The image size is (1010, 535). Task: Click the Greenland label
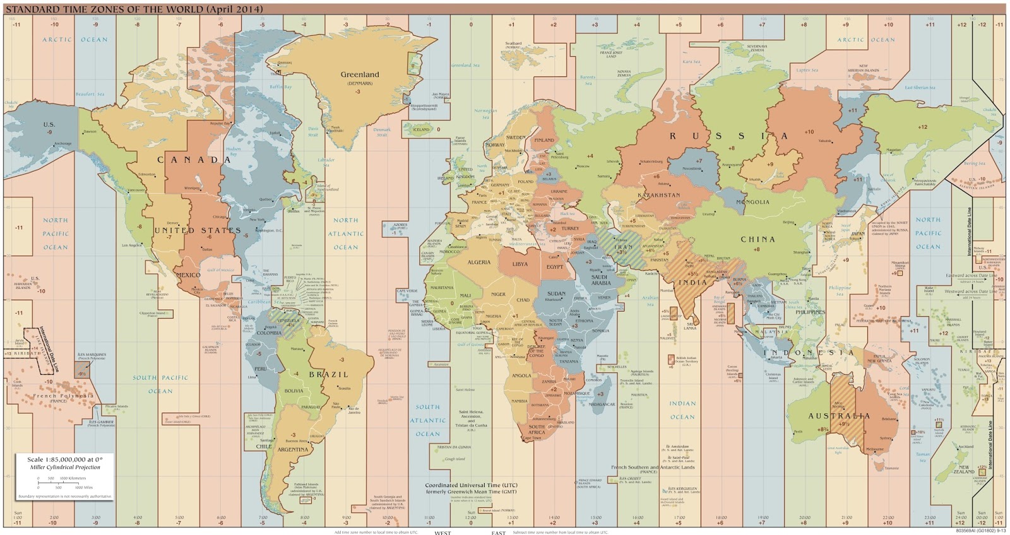coord(360,74)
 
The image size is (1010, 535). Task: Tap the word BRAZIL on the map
coord(328,374)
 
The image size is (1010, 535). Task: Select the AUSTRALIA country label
coord(839,416)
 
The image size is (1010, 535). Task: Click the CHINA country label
coord(757,240)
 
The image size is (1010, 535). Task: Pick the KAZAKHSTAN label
coord(659,196)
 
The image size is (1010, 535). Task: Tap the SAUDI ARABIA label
coord(599,279)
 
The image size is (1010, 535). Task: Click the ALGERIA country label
coord(479,262)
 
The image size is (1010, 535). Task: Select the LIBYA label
coord(520,264)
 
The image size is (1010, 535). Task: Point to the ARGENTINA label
coord(293,450)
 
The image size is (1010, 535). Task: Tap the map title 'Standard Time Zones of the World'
coord(134,9)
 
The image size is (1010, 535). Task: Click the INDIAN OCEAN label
coord(682,410)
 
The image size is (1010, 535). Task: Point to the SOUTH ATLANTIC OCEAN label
coord(427,420)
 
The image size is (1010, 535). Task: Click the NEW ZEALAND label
coord(964,469)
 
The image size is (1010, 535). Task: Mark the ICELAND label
coord(421,129)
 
